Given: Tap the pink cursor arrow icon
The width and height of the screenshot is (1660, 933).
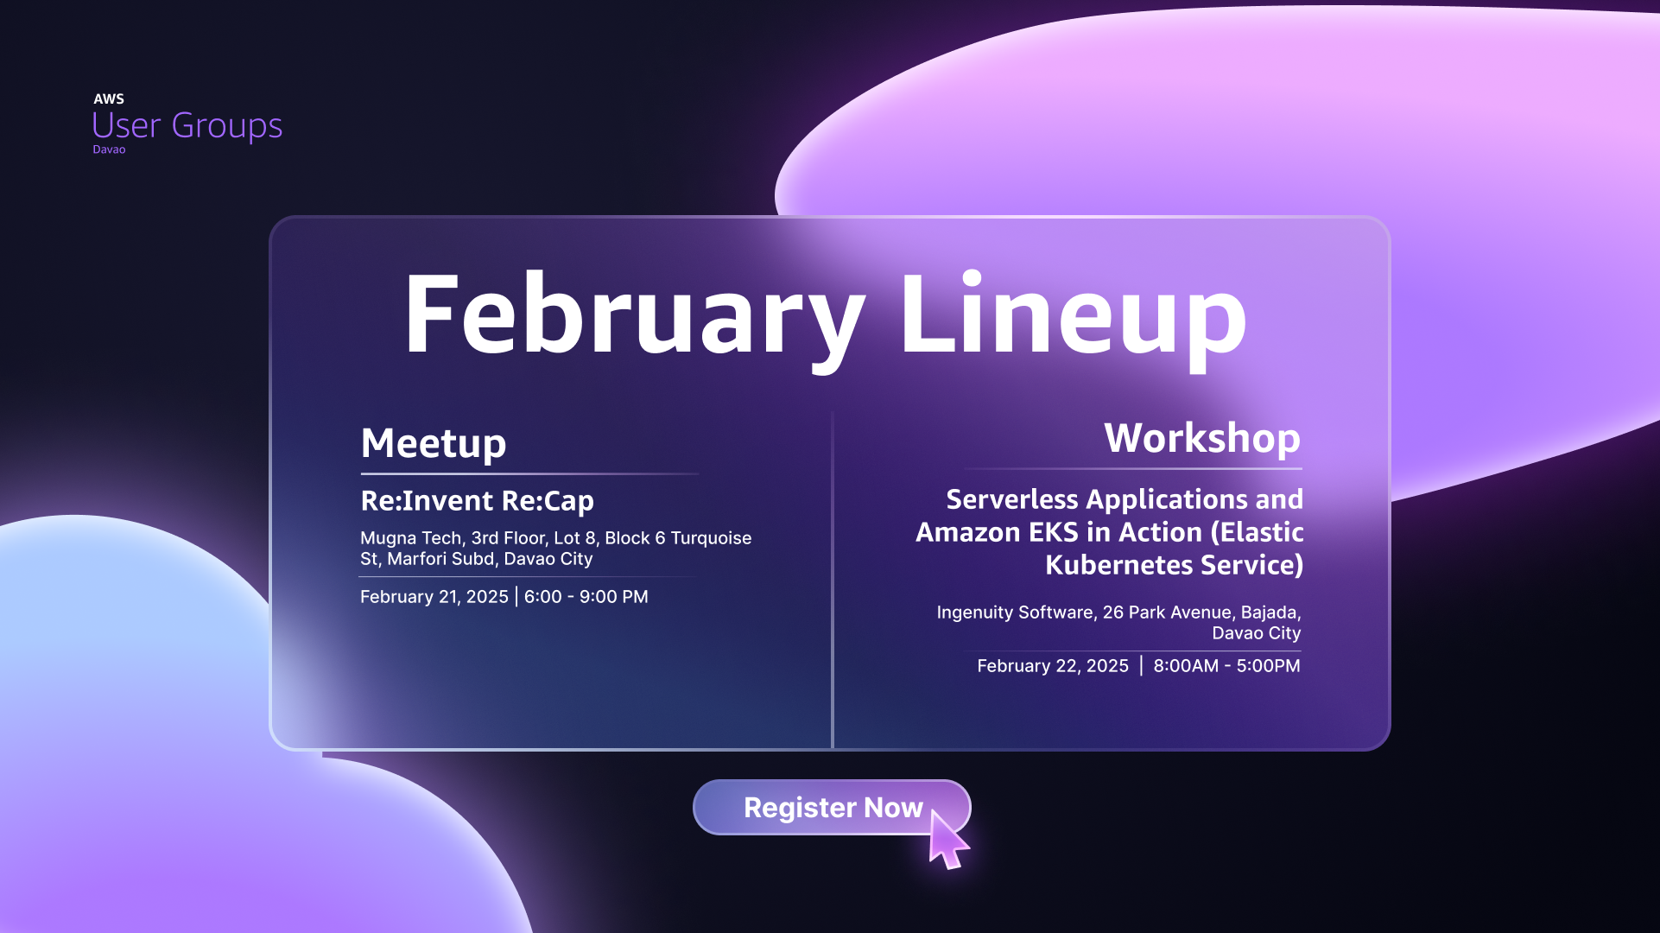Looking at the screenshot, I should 947,840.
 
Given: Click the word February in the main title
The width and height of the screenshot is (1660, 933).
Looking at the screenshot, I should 634,315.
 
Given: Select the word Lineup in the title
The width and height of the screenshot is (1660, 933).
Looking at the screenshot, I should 1073,315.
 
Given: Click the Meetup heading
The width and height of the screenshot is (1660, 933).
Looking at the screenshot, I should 434,443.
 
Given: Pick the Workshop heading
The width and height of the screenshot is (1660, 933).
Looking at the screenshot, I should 1201,438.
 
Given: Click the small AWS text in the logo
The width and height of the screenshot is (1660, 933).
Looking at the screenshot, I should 109,99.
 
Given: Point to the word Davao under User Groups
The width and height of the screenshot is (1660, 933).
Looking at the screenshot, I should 109,149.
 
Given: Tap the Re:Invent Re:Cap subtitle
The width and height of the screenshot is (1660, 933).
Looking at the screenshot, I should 477,501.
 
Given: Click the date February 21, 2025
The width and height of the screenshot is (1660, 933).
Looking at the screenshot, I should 434,597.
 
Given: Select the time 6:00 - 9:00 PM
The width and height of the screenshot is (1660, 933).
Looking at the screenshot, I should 586,597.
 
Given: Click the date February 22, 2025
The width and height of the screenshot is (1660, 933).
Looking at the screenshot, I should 1052,666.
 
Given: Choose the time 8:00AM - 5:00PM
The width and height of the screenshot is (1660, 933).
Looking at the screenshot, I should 1226,666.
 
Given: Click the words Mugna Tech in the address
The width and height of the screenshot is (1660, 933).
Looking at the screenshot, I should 410,538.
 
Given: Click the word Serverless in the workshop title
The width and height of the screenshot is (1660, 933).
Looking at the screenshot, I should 1012,499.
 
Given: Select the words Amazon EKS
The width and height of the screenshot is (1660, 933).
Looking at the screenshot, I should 997,532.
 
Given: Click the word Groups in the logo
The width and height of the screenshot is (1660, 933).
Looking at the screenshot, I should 226,126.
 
